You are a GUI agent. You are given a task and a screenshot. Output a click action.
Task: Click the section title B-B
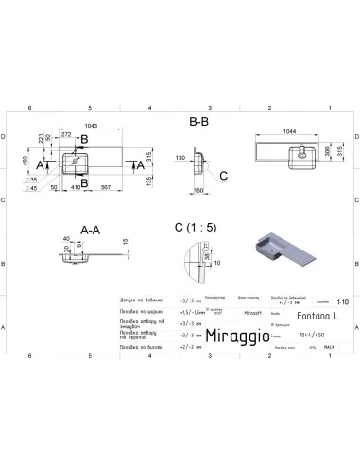click(200, 121)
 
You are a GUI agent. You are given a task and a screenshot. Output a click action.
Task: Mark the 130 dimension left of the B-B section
click(178, 159)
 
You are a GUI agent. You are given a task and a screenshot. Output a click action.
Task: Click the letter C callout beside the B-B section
click(223, 176)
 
